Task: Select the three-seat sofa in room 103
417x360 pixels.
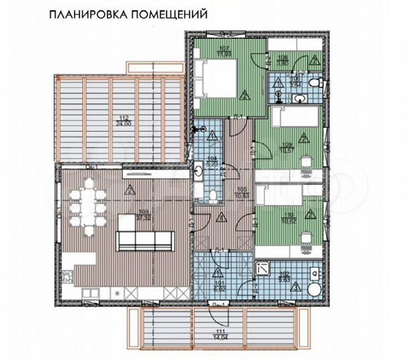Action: coord(145,239)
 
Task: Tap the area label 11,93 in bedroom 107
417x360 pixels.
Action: coord(224,55)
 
